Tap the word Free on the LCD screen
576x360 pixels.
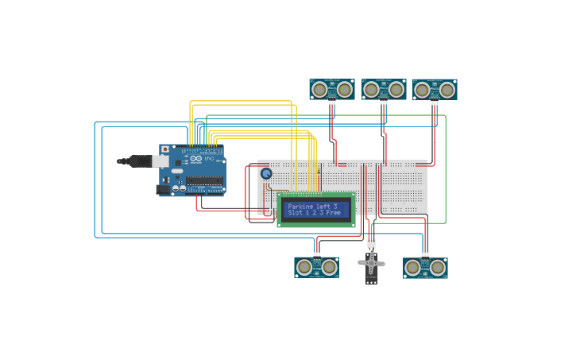(x=333, y=213)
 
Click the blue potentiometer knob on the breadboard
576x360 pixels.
(x=266, y=173)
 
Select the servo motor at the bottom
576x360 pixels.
(x=371, y=265)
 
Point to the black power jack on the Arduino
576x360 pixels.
(x=163, y=189)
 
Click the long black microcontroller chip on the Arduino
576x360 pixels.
(x=204, y=181)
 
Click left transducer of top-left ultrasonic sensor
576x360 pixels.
(x=319, y=90)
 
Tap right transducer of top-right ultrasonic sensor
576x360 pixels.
(x=447, y=90)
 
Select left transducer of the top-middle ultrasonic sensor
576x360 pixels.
(x=372, y=90)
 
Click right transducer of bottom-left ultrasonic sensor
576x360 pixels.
(x=330, y=268)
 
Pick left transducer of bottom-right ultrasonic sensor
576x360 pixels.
(x=412, y=268)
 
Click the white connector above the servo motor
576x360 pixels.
(x=371, y=242)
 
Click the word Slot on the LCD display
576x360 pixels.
(x=295, y=213)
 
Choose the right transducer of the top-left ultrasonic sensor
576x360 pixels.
(x=345, y=90)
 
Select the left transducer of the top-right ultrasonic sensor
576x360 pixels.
(x=422, y=90)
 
